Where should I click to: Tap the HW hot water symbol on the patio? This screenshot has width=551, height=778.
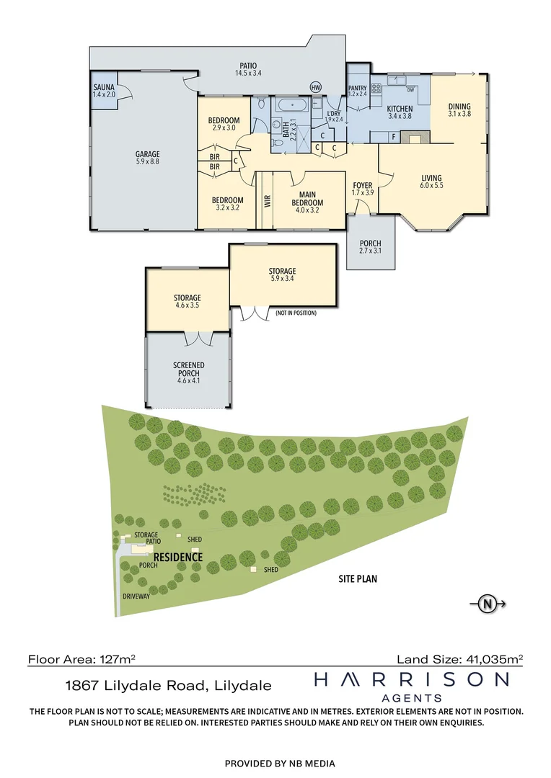pyautogui.click(x=315, y=87)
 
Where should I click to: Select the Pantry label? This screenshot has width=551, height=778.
pyautogui.click(x=358, y=88)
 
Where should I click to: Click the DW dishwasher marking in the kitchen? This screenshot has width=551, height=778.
pyautogui.click(x=410, y=90)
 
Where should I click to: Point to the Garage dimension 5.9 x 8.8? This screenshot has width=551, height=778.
pyautogui.click(x=147, y=163)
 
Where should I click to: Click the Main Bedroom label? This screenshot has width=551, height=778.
pyautogui.click(x=308, y=198)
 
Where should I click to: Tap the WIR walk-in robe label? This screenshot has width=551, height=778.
pyautogui.click(x=267, y=200)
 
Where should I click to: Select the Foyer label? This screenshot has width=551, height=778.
pyautogui.click(x=362, y=185)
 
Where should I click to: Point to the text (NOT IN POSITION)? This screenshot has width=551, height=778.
pyautogui.click(x=295, y=313)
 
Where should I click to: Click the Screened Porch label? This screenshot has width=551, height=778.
pyautogui.click(x=189, y=370)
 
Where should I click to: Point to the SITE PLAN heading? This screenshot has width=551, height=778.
pyautogui.click(x=358, y=578)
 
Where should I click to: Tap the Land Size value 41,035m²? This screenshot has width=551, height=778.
pyautogui.click(x=492, y=658)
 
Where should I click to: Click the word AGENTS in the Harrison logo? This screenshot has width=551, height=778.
pyautogui.click(x=410, y=697)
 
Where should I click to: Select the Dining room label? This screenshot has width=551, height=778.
pyautogui.click(x=459, y=109)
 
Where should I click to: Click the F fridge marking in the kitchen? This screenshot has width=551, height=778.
pyautogui.click(x=393, y=135)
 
